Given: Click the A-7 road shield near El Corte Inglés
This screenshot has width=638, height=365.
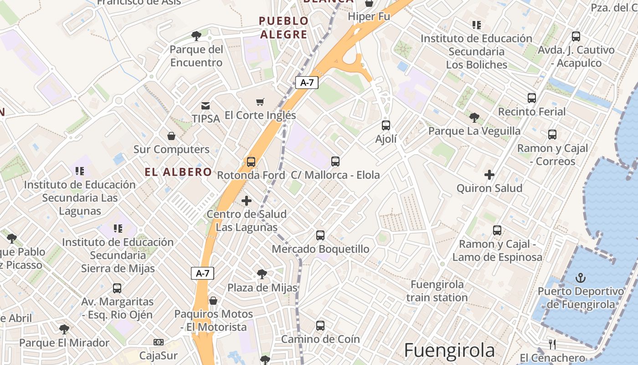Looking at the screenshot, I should [307, 83].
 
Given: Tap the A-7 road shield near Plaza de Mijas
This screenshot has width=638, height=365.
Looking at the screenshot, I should [202, 273].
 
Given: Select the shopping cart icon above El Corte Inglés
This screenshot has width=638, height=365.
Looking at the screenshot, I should [260, 102].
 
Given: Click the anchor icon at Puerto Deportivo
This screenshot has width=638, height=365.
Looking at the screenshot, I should [580, 277].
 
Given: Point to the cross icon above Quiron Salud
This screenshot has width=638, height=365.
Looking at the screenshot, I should [489, 174].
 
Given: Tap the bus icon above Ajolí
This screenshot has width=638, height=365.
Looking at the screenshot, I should [386, 125].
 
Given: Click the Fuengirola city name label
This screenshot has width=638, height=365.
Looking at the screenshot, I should [449, 350].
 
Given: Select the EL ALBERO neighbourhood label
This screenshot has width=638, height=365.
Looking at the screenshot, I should [178, 172].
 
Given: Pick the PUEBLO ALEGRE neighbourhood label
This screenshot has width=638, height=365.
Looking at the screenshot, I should [283, 27].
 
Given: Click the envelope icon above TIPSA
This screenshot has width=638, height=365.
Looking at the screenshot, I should [206, 105].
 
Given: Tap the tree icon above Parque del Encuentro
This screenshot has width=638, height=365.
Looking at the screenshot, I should [196, 36].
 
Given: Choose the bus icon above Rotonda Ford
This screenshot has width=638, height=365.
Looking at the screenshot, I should [251, 162].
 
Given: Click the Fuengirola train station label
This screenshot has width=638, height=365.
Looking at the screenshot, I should [437, 291].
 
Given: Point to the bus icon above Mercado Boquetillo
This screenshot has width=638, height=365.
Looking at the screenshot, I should [320, 235].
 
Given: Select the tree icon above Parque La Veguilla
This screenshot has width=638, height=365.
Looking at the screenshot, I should [474, 118].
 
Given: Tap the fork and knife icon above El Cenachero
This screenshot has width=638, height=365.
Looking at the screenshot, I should [552, 344].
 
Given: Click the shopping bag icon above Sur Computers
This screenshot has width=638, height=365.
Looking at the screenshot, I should [171, 136].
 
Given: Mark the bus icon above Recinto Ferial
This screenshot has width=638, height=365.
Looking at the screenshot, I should [531, 98].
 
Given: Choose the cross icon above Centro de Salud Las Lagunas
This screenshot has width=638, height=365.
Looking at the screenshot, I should [247, 201].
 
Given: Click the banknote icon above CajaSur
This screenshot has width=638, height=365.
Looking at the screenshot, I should [158, 342].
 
